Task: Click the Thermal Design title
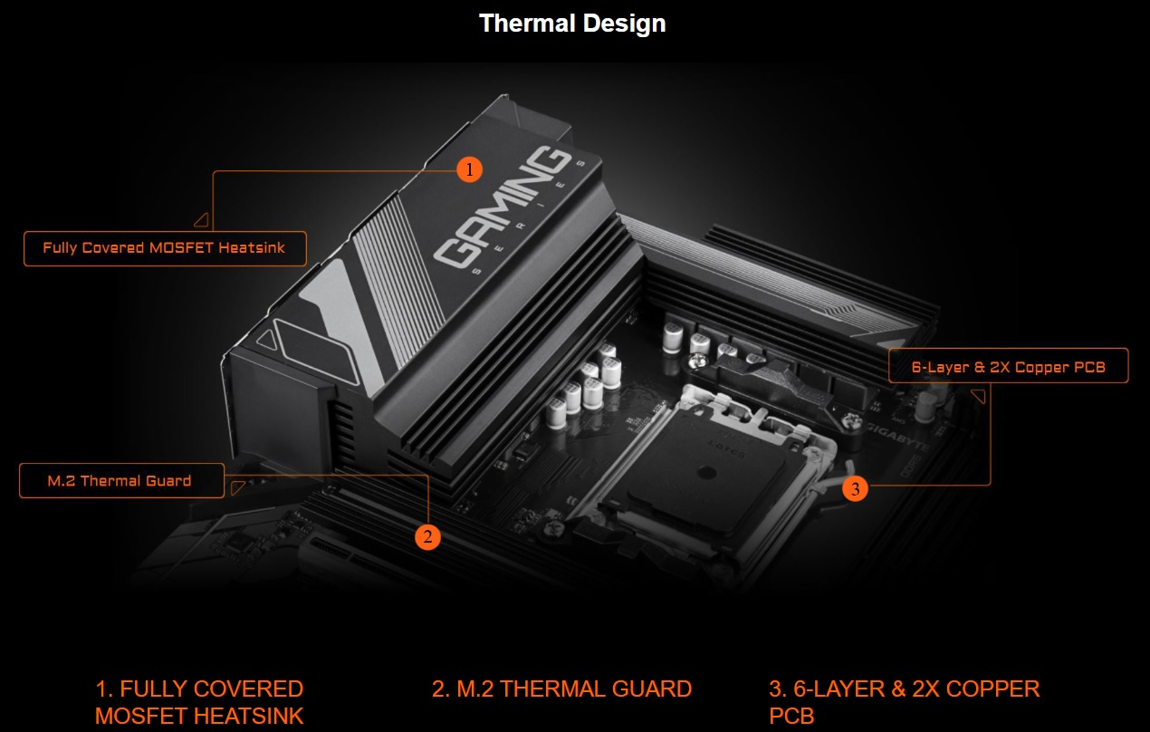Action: coord(572,24)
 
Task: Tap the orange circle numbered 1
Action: coord(469,169)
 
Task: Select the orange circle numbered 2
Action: coord(427,537)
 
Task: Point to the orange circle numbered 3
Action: coord(856,488)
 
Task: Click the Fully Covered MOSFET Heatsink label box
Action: coord(165,248)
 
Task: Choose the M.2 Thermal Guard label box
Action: coord(121,481)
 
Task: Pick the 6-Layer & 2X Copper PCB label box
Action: coord(1009,366)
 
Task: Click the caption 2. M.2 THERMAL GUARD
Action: coord(561,689)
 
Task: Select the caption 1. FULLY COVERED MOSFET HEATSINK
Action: coord(199,702)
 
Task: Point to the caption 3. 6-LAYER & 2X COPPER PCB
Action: coord(904,702)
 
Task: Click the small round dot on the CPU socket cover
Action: coord(707,472)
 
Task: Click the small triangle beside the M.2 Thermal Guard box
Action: coord(237,487)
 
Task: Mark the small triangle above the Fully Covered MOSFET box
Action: coord(202,220)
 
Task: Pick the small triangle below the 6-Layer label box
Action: coord(979,396)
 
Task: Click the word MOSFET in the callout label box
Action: coord(181,248)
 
